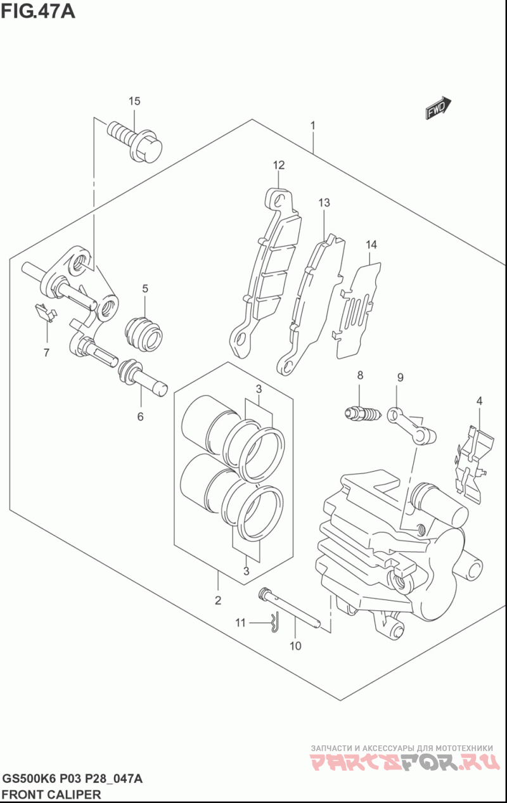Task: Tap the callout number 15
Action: [134, 101]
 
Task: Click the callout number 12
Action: [279, 165]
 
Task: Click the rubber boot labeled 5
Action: [144, 333]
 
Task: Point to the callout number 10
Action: [295, 646]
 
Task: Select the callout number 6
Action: [140, 416]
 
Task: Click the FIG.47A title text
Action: [38, 11]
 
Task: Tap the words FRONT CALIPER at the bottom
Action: [52, 794]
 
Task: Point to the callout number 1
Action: [312, 126]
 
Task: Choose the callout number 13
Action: [324, 203]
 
